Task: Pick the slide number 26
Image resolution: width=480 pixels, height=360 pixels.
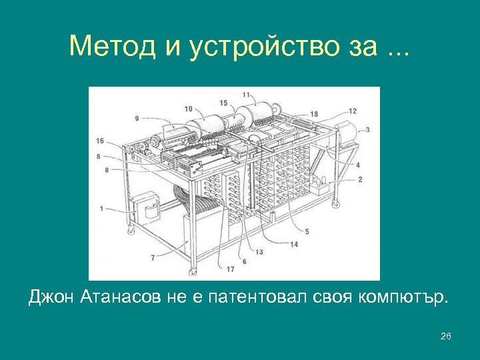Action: [446, 336]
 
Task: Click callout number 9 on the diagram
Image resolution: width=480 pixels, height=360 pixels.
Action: [137, 119]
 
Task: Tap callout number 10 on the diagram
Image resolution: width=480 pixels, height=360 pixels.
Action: [188, 109]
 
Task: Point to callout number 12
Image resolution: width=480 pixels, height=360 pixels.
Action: [352, 111]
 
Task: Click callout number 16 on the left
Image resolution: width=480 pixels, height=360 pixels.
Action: [100, 141]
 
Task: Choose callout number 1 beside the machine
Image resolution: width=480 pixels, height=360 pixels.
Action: [101, 209]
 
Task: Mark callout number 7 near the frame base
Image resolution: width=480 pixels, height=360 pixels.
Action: [153, 257]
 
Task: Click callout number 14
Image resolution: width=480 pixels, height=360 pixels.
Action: [293, 245]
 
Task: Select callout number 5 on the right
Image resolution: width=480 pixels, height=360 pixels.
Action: [307, 231]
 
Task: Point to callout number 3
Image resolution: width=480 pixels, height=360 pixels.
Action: [367, 129]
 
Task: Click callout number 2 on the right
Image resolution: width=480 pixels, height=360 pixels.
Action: [360, 179]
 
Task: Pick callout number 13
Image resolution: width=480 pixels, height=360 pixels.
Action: [259, 252]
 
